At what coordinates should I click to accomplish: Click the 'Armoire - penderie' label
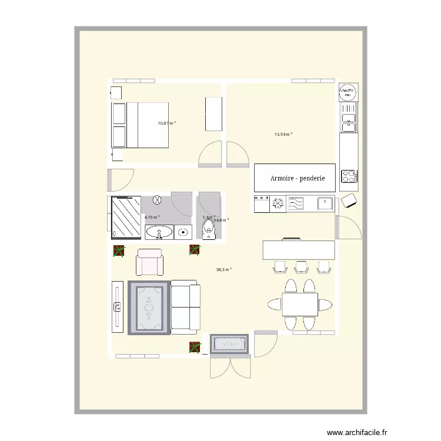[x=298, y=178]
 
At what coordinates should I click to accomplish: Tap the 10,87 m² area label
[x=166, y=123]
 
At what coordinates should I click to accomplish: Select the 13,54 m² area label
[x=283, y=134]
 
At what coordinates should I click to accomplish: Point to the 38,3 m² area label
[x=223, y=270]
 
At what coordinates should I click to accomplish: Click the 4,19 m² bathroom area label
[x=152, y=217]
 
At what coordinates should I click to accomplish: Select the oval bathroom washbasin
[x=158, y=233]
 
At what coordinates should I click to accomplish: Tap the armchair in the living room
[x=150, y=262]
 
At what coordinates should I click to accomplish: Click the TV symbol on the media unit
[x=117, y=306]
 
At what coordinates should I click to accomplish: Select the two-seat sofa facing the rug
[x=185, y=306]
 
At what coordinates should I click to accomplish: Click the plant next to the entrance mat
[x=194, y=347]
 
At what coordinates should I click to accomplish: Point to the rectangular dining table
[x=300, y=305]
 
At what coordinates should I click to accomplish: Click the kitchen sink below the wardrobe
[x=325, y=203]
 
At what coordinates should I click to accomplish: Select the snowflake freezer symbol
[x=277, y=204]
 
